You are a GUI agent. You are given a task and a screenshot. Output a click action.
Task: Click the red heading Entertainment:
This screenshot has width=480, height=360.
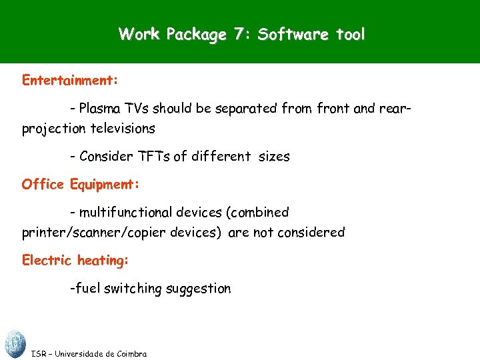[70, 81]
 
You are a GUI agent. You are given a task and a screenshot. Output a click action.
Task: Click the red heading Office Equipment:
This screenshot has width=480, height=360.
[79, 184]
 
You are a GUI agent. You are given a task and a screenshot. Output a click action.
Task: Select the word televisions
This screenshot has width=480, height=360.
[122, 128]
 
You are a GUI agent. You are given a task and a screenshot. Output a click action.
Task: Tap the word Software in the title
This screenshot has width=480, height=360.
[289, 34]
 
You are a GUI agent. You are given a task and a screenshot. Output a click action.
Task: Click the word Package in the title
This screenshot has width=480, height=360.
[197, 34]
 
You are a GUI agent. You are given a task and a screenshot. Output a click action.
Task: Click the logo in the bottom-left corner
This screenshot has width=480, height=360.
[14, 343]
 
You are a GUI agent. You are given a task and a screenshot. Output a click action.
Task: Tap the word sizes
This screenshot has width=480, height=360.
[273, 157]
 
